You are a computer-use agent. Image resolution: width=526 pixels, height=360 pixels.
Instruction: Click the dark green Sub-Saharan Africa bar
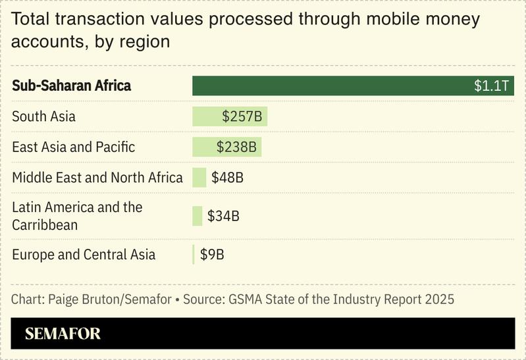329,86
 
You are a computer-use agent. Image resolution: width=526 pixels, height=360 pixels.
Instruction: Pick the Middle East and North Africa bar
199,178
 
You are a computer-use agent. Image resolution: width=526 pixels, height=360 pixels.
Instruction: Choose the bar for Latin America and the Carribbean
197,216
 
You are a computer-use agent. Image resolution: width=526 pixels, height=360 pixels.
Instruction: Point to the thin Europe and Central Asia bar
194,254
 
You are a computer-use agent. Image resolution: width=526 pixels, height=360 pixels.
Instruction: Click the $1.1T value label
492,86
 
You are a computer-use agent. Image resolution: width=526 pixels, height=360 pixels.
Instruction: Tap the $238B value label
236,147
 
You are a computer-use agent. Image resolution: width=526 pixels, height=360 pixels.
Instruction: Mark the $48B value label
227,178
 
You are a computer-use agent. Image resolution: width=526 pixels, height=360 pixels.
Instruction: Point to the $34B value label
223,216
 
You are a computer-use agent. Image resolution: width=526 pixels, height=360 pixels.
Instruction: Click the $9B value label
212,254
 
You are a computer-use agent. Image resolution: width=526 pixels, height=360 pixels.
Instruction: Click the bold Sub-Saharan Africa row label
71,86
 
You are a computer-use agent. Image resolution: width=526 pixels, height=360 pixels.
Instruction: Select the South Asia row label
43,116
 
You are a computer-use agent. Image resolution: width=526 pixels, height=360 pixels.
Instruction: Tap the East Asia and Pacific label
73,147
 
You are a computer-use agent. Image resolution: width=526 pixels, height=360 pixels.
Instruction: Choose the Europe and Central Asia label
84,254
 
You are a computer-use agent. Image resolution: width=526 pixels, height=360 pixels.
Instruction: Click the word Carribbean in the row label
45,225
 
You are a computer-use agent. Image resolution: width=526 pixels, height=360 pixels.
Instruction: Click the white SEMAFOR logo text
63,334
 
